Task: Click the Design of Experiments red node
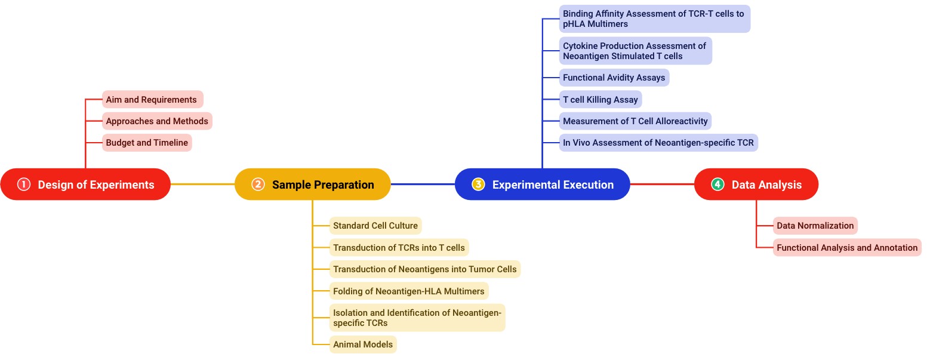tap(85, 184)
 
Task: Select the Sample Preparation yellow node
tap(312, 184)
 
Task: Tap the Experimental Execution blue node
tap(542, 184)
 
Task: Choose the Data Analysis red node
tap(756, 184)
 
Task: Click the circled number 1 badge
tap(24, 184)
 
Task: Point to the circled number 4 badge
tap(717, 184)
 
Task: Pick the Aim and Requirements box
tap(152, 100)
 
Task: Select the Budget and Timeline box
tap(147, 143)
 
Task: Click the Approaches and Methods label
tap(157, 121)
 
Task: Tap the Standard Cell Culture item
tap(375, 226)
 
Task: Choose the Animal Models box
tap(363, 344)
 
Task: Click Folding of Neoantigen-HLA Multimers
tap(409, 291)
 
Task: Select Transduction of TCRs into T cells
tap(399, 247)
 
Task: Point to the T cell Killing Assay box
tap(600, 100)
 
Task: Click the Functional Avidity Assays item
tap(614, 78)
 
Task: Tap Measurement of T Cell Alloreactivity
tap(635, 121)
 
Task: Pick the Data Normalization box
tap(815, 226)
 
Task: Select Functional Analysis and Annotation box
tap(847, 247)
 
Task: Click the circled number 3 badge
tap(478, 184)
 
